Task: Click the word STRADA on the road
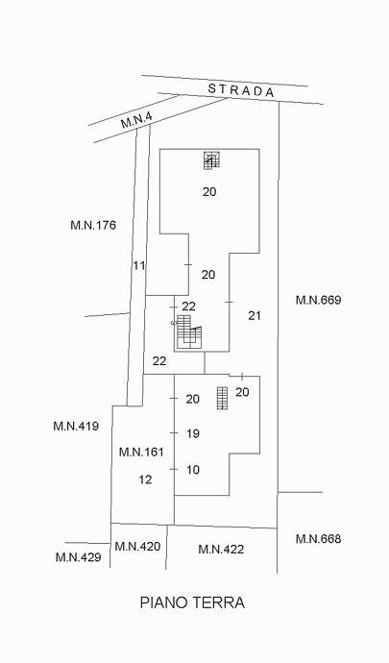click(241, 90)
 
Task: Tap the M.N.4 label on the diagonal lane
click(136, 120)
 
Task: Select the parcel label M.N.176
click(93, 225)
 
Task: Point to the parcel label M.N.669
click(318, 300)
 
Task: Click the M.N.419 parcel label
click(76, 426)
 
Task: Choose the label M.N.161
click(141, 452)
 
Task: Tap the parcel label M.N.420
click(138, 547)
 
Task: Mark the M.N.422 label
click(221, 550)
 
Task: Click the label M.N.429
click(79, 557)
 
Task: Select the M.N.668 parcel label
click(318, 539)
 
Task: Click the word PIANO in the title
click(163, 602)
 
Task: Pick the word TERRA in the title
click(219, 602)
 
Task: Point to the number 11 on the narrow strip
click(139, 265)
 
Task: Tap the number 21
click(255, 315)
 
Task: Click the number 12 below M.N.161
click(145, 479)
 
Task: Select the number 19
click(193, 433)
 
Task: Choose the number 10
click(193, 470)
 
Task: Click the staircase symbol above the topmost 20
click(212, 160)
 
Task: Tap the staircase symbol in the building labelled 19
click(223, 399)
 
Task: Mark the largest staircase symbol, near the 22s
click(189, 331)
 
